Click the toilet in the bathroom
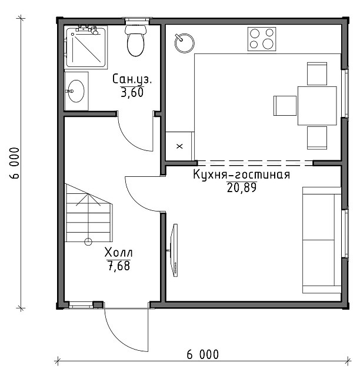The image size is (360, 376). (136, 41)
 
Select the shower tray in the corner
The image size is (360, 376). (86, 47)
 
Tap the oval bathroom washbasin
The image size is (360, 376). (76, 91)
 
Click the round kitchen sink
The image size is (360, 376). (185, 43)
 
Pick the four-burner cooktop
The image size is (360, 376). (262, 39)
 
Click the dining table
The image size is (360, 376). (317, 106)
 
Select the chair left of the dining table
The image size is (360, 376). (285, 106)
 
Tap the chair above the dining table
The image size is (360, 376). (317, 73)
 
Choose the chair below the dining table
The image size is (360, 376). (317, 138)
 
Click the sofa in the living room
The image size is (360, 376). (322, 240)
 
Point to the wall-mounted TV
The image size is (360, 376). (174, 250)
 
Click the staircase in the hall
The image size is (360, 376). (89, 214)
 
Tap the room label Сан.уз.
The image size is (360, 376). (132, 79)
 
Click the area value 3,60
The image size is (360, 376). (132, 92)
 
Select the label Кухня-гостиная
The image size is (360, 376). (242, 175)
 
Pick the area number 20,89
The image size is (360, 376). (242, 187)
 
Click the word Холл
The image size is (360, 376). (118, 253)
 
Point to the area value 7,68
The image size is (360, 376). (119, 266)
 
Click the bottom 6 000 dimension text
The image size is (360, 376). (203, 354)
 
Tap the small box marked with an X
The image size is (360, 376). (179, 146)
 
